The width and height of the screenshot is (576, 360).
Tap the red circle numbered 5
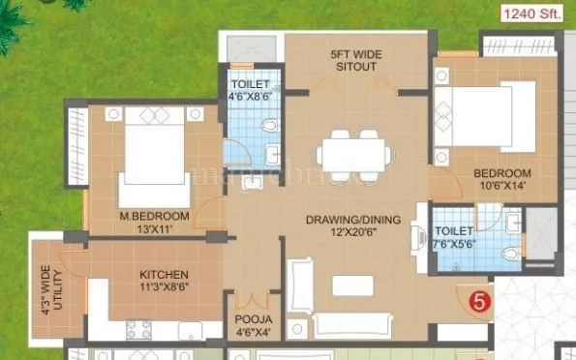point(476,299)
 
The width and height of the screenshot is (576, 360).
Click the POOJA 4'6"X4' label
point(253,324)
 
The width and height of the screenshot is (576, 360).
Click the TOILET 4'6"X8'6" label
point(250,90)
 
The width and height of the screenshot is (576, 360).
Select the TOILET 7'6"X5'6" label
point(455,238)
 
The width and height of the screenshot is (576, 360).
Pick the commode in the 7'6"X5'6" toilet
point(509,254)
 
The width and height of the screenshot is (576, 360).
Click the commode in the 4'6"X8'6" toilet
point(271,124)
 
